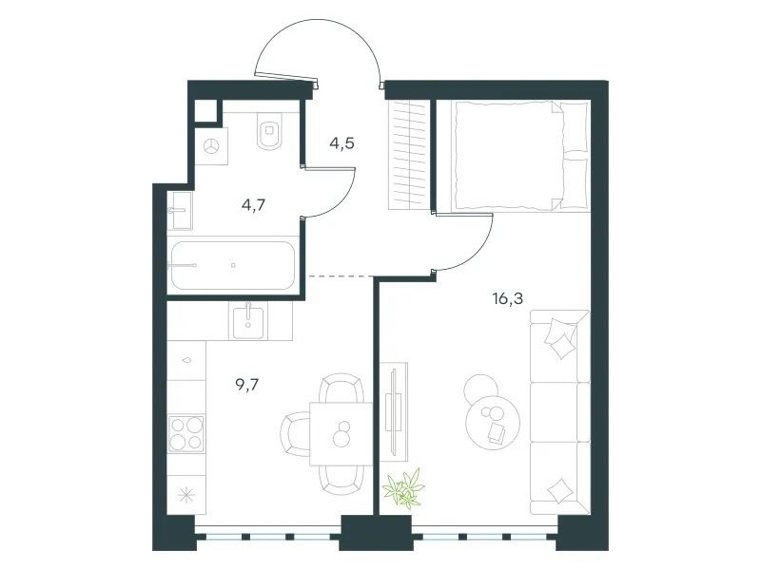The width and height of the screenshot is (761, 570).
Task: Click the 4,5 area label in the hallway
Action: click(x=341, y=144)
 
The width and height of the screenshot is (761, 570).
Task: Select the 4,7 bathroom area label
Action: click(x=253, y=205)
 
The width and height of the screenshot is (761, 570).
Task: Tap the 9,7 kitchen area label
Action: click(x=247, y=385)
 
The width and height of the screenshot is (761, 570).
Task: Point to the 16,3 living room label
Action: click(x=508, y=298)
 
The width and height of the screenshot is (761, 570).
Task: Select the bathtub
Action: click(x=233, y=265)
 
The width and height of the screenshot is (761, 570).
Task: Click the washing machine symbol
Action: click(x=211, y=146)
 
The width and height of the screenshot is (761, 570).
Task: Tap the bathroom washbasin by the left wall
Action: click(x=180, y=210)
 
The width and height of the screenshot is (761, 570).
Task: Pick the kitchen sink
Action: click(x=248, y=321)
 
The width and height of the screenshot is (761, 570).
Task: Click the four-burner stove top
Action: click(x=186, y=433)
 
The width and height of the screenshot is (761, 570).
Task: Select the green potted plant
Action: click(x=402, y=488)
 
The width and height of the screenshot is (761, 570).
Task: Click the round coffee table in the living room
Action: click(x=493, y=422)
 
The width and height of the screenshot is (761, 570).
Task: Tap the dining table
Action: click(x=341, y=433)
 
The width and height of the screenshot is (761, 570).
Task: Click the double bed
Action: click(x=520, y=156)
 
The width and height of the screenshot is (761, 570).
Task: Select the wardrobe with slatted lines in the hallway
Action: click(x=410, y=155)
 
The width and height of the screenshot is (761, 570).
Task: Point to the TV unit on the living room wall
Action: click(x=394, y=411)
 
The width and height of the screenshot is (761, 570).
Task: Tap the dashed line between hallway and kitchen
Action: click(x=341, y=276)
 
